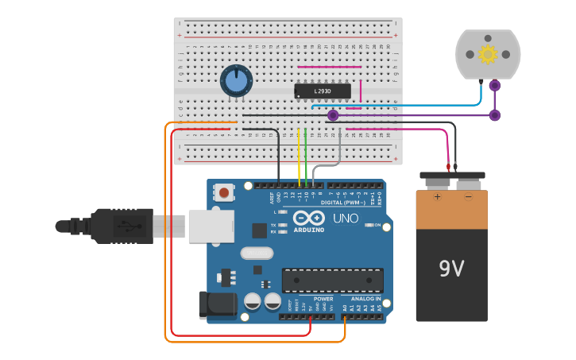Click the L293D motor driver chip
point(322,91)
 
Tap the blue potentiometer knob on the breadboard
point(236,81)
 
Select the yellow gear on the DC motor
point(487,53)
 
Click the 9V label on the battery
point(451,269)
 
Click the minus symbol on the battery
point(468,196)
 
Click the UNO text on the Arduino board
point(345,218)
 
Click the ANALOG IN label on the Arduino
point(366,299)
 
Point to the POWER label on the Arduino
point(312,299)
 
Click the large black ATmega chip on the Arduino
point(332,280)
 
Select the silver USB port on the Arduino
point(211,225)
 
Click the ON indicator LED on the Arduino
point(369,226)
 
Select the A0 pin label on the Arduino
point(345,308)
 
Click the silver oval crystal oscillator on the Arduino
point(255,254)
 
